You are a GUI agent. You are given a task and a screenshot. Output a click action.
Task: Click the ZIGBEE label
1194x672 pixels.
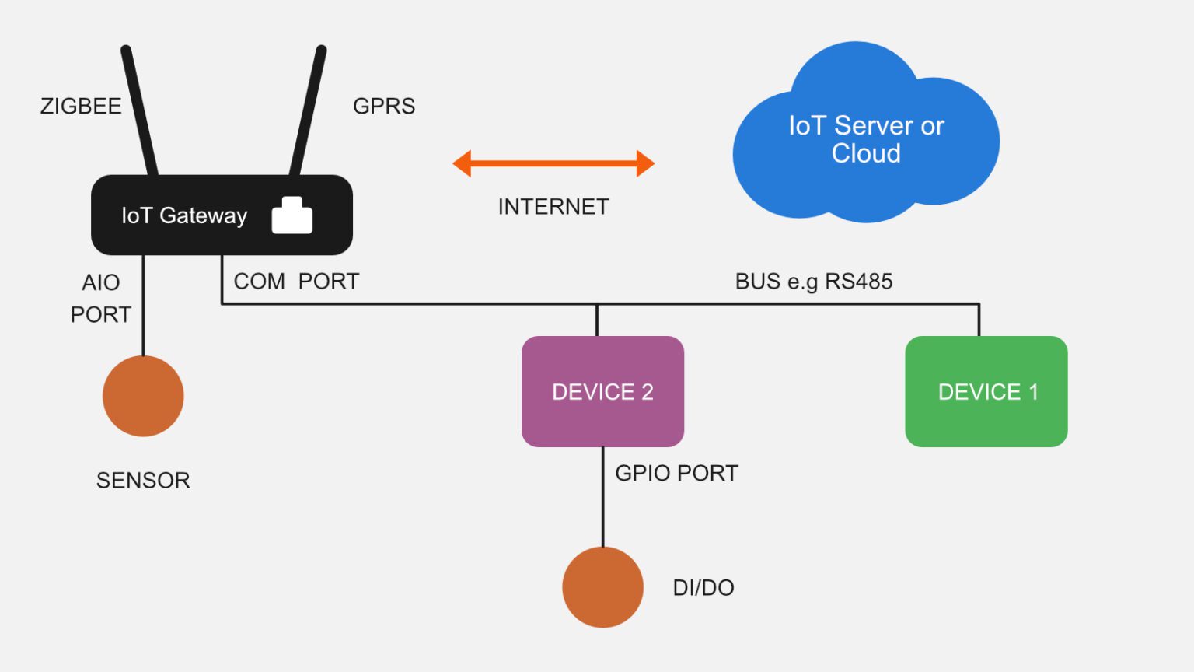point(81,106)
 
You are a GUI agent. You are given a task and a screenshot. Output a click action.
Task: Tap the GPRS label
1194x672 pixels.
point(384,106)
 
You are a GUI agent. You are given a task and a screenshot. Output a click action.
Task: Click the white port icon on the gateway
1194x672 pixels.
point(292,216)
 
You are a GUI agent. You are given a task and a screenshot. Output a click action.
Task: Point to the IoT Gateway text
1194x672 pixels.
point(184,215)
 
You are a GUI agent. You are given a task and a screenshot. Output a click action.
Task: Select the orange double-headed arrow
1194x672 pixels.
point(553,163)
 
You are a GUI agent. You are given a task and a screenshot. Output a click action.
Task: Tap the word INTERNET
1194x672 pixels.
point(553,207)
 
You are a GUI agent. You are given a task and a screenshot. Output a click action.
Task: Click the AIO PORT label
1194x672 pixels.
point(101,298)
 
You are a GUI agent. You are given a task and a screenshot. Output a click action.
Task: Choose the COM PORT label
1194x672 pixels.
point(296,281)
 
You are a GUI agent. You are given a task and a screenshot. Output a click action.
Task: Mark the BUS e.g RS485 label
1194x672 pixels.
point(814,281)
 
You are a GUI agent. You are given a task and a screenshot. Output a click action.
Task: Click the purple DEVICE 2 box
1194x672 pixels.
point(602,391)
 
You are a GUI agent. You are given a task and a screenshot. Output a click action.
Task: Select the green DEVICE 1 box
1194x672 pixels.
point(986,391)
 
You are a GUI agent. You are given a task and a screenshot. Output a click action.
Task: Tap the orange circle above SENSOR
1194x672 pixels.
point(143,396)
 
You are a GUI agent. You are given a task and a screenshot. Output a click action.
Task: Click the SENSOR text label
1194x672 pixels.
point(143,481)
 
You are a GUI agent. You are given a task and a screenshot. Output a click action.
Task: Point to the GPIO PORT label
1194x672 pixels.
point(676,473)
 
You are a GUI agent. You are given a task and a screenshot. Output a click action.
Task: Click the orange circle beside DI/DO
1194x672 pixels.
point(602,587)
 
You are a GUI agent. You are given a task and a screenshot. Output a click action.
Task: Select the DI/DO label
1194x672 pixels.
point(703,587)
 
